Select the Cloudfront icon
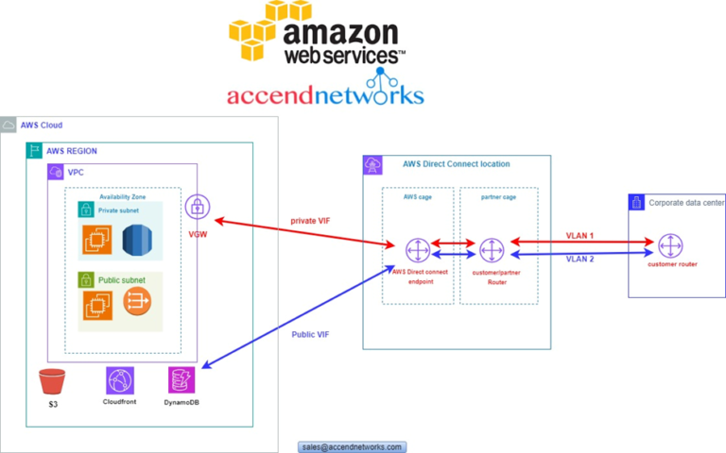pyautogui.click(x=120, y=380)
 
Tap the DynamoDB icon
pyautogui.click(x=181, y=380)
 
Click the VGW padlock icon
pyautogui.click(x=198, y=208)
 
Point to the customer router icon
pyautogui.click(x=670, y=246)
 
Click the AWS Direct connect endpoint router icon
pyautogui.click(x=417, y=250)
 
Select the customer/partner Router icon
pyautogui.click(x=491, y=250)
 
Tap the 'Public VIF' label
pyautogui.click(x=310, y=334)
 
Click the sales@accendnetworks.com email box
pyautogui.click(x=352, y=446)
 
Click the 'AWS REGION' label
pyautogui.click(x=71, y=151)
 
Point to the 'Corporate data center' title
pyautogui.click(x=686, y=202)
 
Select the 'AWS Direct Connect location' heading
pyautogui.click(x=456, y=164)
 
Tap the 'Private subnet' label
pyautogui.click(x=119, y=210)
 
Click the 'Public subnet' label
pyautogui.click(x=118, y=280)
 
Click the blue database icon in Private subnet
pyautogui.click(x=137, y=241)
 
